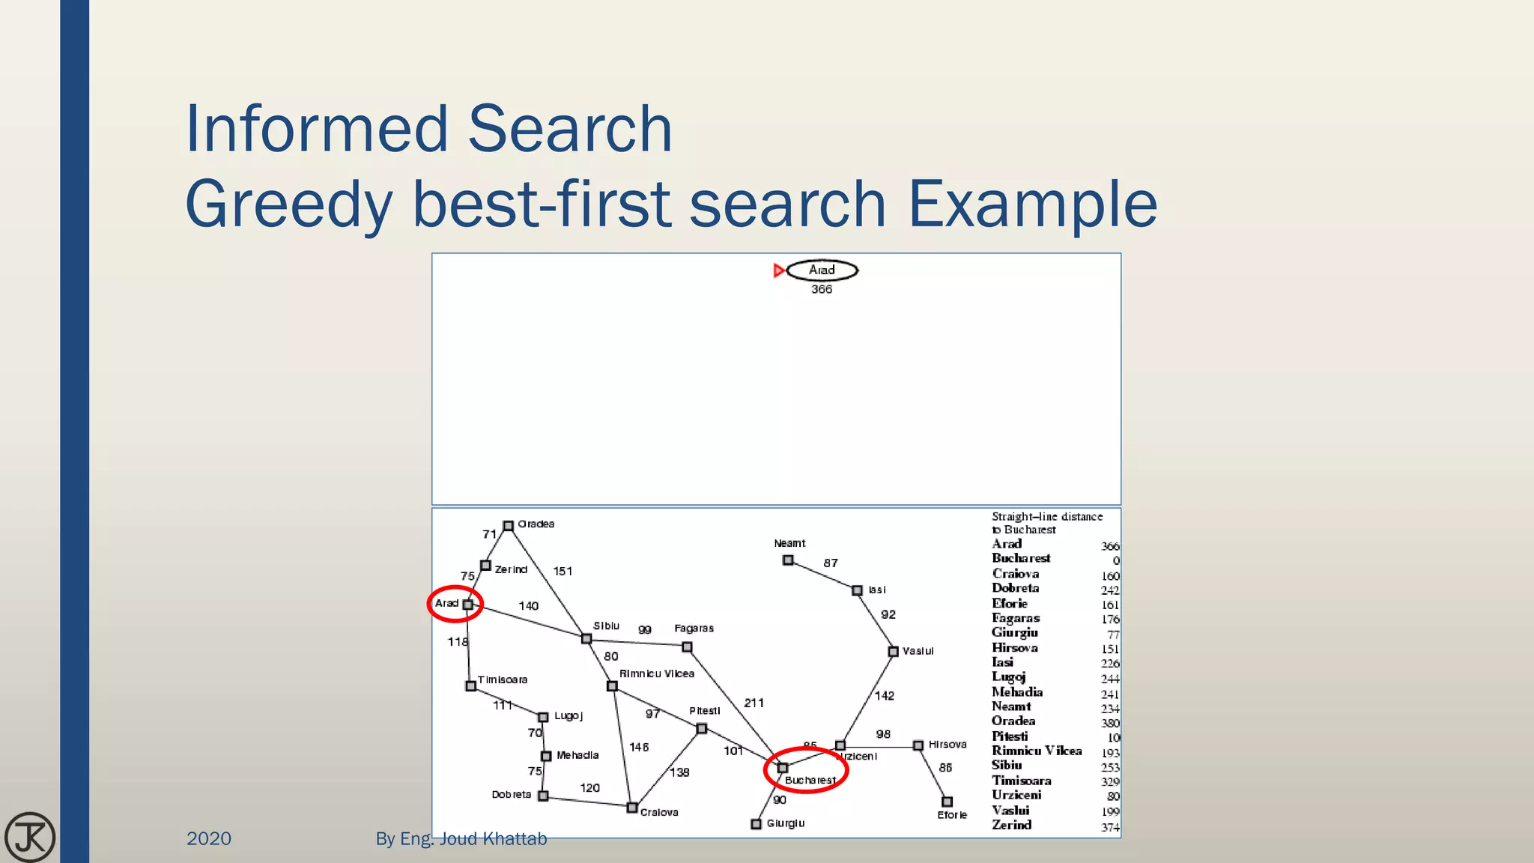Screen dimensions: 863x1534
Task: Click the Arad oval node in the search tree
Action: (x=822, y=270)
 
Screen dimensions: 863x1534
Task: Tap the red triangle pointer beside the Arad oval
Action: (x=779, y=270)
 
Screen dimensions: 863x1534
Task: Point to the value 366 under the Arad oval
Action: (x=822, y=289)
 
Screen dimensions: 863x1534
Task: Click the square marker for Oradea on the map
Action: (x=508, y=526)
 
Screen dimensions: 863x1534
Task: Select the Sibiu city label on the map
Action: (x=606, y=626)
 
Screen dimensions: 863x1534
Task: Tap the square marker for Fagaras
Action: (x=687, y=647)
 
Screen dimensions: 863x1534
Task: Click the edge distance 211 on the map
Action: (x=754, y=703)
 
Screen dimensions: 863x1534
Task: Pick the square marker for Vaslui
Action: (x=893, y=652)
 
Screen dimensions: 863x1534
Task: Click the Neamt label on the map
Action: (x=789, y=543)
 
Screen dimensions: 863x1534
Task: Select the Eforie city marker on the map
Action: (x=947, y=802)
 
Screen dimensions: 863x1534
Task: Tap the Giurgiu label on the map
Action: (x=785, y=823)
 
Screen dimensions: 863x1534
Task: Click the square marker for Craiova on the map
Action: (x=632, y=808)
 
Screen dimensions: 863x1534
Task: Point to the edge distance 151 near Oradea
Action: (x=563, y=571)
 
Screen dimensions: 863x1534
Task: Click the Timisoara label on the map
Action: (x=503, y=679)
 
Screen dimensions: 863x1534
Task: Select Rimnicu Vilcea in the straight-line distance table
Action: (x=1037, y=751)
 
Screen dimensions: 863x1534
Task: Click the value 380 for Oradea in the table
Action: (x=1110, y=723)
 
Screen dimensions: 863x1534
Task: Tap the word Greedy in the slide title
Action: (x=288, y=204)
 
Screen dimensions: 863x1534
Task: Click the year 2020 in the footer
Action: (x=209, y=838)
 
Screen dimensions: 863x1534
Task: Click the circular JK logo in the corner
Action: (x=30, y=837)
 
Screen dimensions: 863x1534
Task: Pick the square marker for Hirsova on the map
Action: (x=918, y=745)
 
